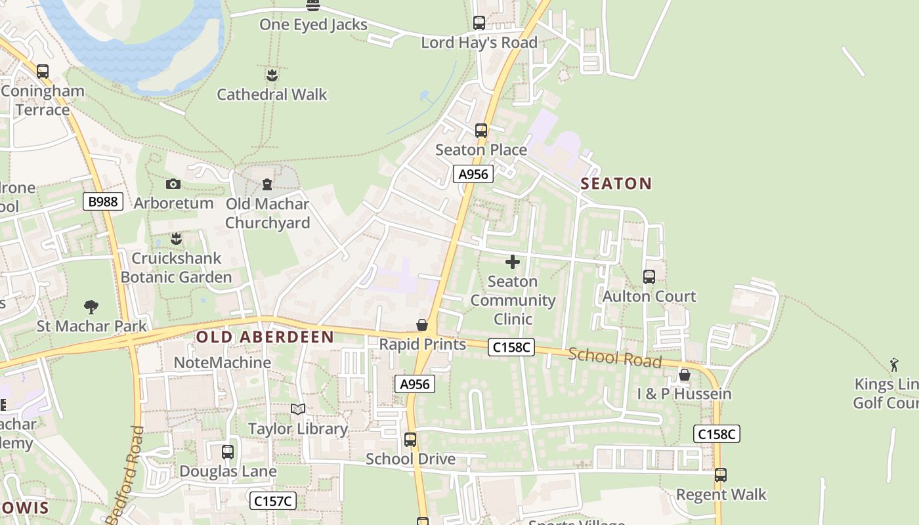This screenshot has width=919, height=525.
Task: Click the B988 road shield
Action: (104, 201)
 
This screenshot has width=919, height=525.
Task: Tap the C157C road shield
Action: (273, 501)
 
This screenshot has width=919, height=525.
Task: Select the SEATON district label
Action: (616, 184)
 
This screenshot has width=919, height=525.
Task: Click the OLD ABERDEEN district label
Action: (265, 337)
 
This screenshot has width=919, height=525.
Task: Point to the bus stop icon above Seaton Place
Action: (481, 131)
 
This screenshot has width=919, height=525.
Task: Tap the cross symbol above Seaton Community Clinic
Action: (513, 262)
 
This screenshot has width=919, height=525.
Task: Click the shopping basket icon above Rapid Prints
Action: (422, 325)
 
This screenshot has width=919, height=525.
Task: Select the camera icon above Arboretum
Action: (173, 184)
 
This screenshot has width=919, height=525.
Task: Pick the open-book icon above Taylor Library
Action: (298, 409)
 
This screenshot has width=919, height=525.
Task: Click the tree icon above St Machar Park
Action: (91, 306)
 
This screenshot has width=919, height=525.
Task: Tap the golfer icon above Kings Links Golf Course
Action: (894, 365)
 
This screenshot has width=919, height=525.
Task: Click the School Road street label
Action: (614, 358)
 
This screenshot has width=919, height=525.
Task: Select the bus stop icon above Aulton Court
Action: (649, 277)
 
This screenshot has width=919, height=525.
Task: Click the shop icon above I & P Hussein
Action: (685, 375)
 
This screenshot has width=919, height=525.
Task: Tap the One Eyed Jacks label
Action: (313, 25)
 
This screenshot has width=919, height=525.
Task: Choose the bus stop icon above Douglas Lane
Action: (228, 452)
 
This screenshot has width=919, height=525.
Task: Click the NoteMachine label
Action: (223, 362)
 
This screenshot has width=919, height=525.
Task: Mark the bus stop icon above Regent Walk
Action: (721, 475)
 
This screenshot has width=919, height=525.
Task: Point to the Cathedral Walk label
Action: (272, 94)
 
